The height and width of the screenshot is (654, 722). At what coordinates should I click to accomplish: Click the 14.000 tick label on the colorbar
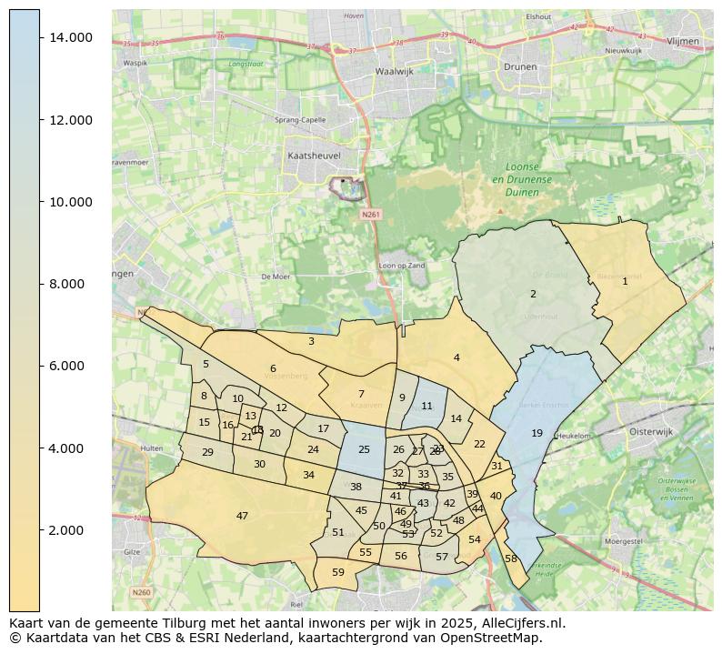click(69, 37)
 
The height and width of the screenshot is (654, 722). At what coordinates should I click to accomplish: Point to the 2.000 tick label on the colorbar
click(69, 530)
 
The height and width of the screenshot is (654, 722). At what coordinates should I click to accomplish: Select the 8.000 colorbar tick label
click(69, 284)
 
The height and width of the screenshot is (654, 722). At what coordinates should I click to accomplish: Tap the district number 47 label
click(242, 516)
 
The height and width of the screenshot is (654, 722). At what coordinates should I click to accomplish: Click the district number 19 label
click(536, 433)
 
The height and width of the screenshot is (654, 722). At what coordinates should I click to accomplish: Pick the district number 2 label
click(533, 294)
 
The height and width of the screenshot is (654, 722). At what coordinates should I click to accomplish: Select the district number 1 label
click(625, 281)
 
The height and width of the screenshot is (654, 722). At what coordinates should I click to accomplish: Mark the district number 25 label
click(364, 449)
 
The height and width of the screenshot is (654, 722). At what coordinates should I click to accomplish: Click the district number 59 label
click(338, 572)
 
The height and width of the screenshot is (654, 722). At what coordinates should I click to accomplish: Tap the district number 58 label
click(510, 558)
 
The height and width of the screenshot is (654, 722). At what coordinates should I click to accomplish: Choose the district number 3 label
click(311, 341)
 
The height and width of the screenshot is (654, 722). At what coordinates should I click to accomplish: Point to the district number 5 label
click(206, 364)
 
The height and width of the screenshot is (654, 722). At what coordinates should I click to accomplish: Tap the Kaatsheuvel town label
click(314, 156)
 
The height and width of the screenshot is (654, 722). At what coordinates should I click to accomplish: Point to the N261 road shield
click(369, 215)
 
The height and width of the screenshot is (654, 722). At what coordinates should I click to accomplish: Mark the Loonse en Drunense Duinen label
click(522, 179)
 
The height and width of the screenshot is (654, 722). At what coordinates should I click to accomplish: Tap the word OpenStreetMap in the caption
click(496, 638)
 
